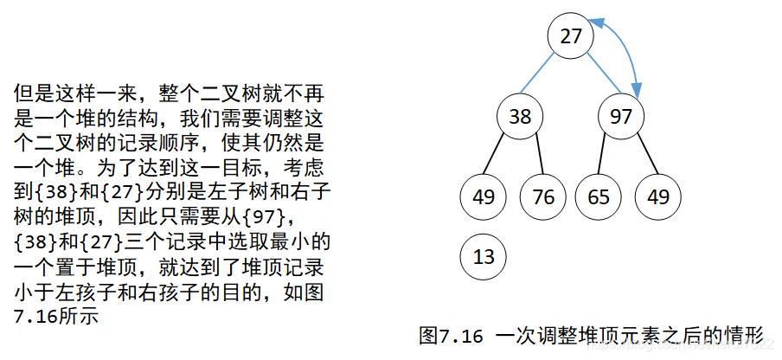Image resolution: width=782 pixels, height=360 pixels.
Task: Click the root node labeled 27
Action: click(571, 36)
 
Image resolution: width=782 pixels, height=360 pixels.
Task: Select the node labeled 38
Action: click(520, 116)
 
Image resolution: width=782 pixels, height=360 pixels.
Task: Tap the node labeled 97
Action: click(621, 116)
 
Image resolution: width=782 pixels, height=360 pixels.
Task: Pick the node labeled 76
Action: click(543, 196)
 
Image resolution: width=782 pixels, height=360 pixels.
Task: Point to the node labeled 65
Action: click(599, 196)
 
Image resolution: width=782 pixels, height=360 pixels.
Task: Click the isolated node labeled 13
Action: click(484, 256)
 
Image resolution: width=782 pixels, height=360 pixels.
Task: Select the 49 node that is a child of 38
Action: click(484, 196)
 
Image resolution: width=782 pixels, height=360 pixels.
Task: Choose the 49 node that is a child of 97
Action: click(657, 196)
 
